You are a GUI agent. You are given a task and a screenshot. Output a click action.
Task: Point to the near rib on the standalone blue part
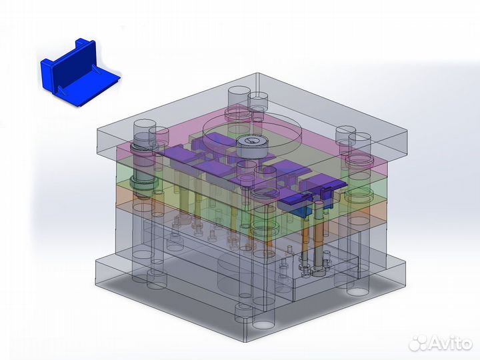point(61,90)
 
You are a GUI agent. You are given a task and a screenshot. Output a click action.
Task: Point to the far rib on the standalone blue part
point(97,71)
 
